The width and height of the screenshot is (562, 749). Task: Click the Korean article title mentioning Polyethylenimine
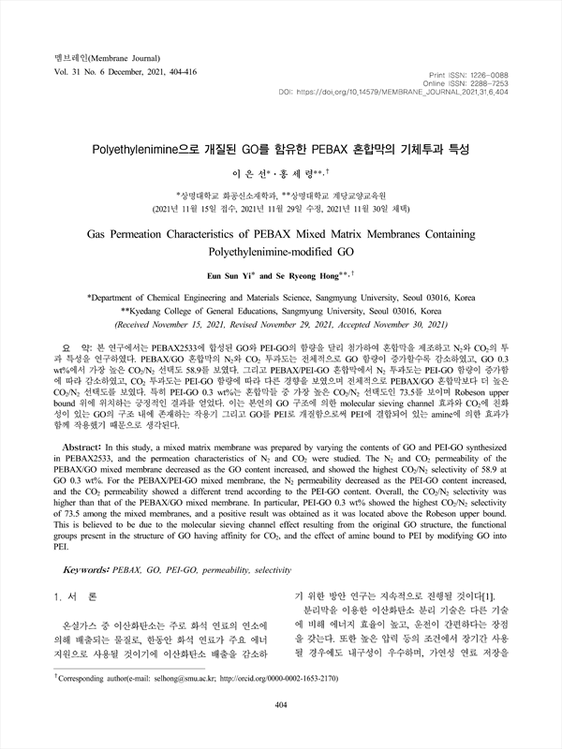[280, 149]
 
